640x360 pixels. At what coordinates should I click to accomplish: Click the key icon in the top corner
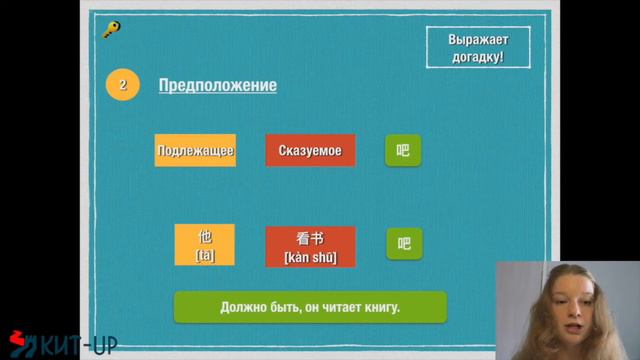point(111,29)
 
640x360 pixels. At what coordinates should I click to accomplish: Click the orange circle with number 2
point(122,85)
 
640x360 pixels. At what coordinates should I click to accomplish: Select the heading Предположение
point(217,85)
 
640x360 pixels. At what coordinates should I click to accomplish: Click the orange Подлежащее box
point(195,150)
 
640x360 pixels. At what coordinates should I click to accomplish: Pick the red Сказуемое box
point(310,150)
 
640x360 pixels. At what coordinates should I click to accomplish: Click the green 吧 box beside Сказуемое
point(403,150)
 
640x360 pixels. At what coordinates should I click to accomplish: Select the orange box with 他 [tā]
point(205,245)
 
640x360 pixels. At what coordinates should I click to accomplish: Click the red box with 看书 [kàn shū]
point(310,246)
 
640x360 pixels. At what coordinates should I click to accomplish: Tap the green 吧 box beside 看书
point(404,243)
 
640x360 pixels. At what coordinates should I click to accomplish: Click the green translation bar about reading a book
point(309,307)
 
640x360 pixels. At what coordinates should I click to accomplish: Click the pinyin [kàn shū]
point(310,257)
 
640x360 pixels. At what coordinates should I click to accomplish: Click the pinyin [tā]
point(205,256)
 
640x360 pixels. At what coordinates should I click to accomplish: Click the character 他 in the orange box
point(205,237)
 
